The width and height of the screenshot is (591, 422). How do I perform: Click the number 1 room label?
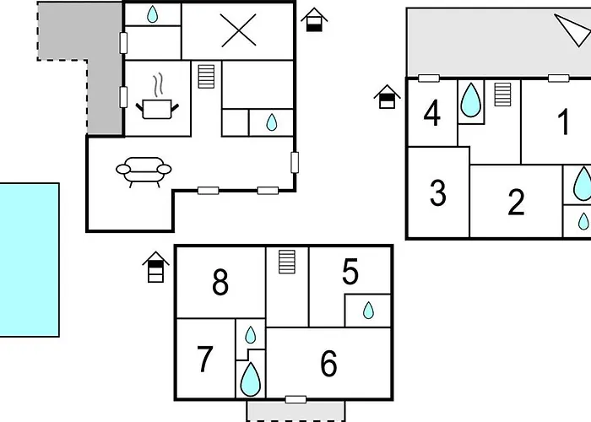563,122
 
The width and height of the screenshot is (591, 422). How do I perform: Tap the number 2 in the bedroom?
516,202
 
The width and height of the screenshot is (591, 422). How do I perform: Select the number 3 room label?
438,193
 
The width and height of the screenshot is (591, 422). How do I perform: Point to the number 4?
432,112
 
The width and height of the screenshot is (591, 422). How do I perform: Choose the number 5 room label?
350,271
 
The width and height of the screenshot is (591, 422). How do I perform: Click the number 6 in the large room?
328,363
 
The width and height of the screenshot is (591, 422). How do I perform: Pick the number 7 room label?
205,359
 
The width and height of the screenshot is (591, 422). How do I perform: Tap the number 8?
220,282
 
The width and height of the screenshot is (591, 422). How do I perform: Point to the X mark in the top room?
239,30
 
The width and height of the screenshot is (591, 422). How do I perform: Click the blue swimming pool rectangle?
30,260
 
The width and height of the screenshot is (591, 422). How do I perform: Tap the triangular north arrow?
573,30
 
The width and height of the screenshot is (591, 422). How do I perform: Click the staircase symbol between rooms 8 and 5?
287,262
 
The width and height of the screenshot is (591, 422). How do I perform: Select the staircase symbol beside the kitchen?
206,77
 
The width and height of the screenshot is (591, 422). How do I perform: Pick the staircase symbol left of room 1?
503,95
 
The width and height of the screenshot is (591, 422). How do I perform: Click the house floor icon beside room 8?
155,267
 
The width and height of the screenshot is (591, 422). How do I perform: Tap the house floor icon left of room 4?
387,97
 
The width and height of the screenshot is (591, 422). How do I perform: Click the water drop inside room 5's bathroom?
368,311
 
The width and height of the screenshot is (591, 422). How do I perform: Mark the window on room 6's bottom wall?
295,399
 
